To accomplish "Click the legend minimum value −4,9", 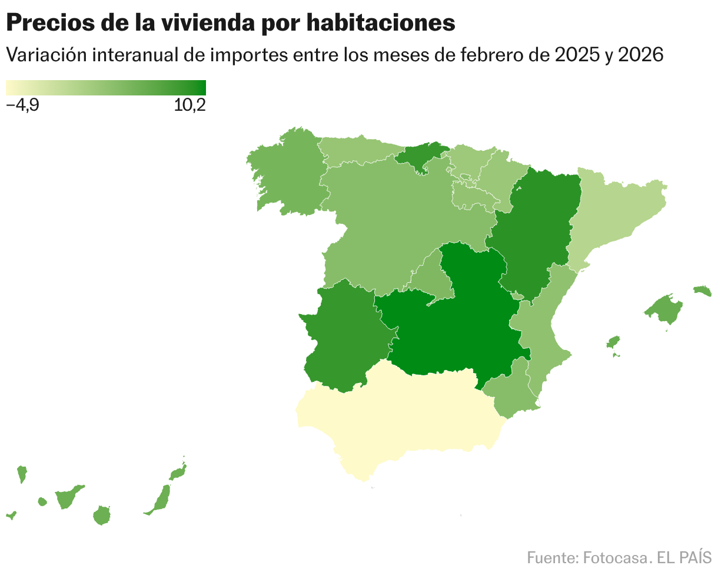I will [22, 106].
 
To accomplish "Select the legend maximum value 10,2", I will [190, 106].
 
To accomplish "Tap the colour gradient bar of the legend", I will [106, 88].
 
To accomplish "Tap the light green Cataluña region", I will [612, 212].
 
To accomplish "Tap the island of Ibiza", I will [613, 342].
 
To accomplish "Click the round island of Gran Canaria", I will [102, 515].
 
